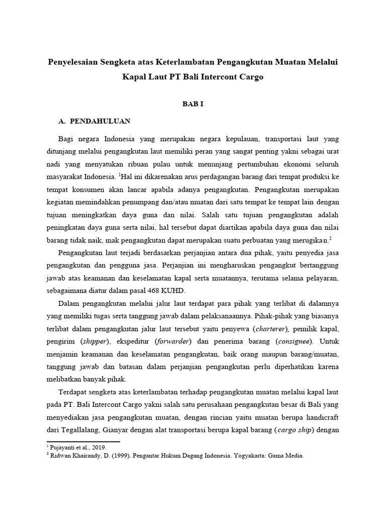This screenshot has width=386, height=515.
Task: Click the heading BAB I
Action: tap(192, 104)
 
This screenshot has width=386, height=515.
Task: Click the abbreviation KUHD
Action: tap(173, 291)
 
